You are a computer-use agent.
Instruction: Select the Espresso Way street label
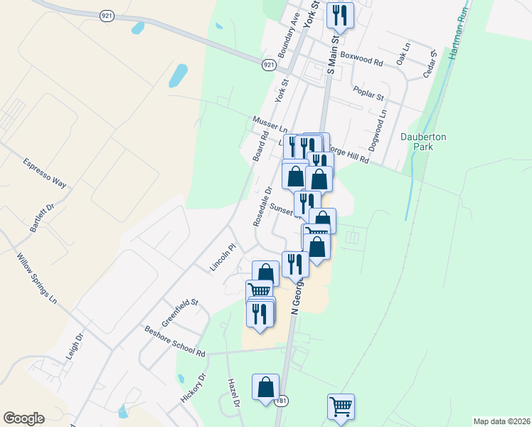44,173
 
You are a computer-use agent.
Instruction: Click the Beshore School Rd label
174,342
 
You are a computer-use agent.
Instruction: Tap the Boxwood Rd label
361,59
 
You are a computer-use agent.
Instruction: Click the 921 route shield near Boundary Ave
268,65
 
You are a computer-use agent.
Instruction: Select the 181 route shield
282,401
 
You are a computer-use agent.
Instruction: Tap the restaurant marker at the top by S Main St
340,16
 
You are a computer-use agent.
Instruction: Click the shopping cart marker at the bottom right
341,407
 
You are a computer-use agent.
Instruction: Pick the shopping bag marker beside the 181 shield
265,388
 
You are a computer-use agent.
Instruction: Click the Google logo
23,418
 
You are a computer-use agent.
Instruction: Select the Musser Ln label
268,126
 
